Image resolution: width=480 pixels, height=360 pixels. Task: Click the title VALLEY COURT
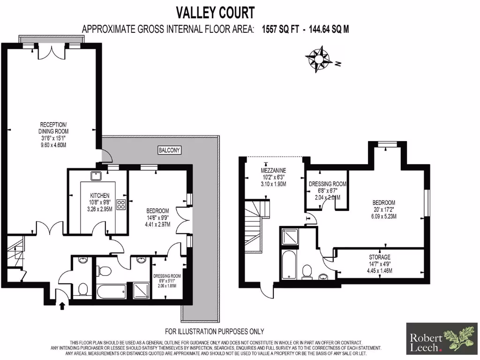pos(215,12)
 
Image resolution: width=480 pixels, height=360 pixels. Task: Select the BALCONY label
pos(169,150)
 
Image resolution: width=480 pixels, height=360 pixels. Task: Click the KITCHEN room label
pos(100,195)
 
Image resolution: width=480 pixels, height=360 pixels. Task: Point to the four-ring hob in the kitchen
pos(120,204)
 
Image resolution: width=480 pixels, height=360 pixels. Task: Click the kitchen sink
pos(97,176)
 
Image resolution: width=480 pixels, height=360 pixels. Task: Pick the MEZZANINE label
pos(274,170)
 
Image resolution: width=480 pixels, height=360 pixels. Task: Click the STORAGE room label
pos(379,257)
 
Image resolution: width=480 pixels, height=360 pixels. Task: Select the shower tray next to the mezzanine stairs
pos(289,237)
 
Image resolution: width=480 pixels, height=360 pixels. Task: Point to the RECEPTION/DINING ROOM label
pos(53,128)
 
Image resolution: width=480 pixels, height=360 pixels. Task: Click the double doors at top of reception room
pos(49,51)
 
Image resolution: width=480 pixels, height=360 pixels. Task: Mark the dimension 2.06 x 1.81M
pos(167,286)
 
